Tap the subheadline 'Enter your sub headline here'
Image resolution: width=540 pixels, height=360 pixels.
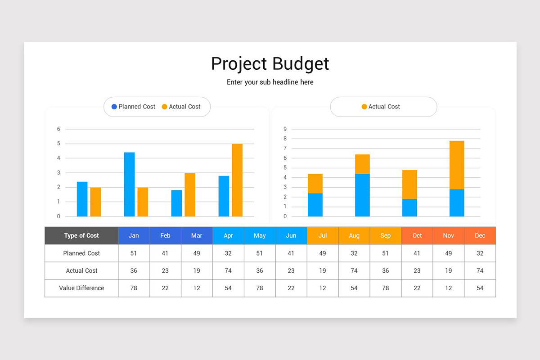[270, 82]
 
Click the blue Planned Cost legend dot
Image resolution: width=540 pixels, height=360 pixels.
[114, 107]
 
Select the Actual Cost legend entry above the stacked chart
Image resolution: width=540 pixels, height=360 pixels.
[381, 107]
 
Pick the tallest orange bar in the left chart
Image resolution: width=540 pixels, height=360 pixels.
[237, 180]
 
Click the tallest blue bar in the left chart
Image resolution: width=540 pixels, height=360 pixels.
[129, 184]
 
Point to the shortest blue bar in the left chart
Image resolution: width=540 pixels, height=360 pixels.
[176, 203]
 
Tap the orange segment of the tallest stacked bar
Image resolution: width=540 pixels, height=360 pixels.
[457, 165]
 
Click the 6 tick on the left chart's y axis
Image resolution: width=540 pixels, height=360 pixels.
[58, 129]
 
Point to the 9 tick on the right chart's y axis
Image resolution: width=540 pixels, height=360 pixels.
[285, 129]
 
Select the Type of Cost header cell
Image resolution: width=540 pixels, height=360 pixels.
[81, 236]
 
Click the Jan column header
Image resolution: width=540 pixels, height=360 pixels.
[134, 236]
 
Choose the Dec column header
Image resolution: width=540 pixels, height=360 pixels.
[480, 236]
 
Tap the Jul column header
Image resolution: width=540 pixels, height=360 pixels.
[323, 236]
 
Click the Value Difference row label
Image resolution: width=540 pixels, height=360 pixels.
[81, 288]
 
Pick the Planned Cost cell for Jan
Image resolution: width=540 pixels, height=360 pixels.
[134, 253]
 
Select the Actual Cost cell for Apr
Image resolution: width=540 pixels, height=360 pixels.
[228, 271]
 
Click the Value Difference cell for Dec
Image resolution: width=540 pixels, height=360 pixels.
[480, 288]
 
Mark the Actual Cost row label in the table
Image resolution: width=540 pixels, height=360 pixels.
[81, 271]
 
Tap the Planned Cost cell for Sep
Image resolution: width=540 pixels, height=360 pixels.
[386, 253]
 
